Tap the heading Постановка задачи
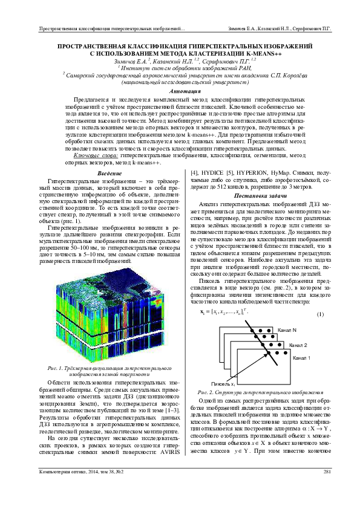click(x=260, y=196)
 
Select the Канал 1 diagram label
click(x=301, y=358)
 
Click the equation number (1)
click(x=320, y=315)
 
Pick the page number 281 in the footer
click(x=327, y=488)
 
